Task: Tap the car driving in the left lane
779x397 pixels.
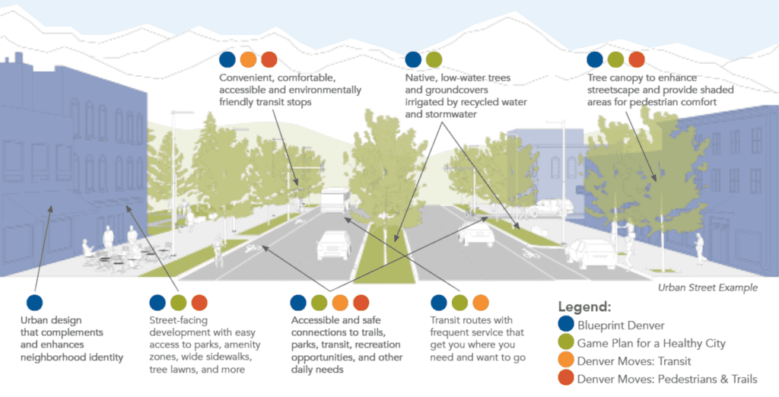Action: coord(333,243)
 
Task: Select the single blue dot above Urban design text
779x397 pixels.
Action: coord(34,303)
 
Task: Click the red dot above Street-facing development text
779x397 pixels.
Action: coord(199,303)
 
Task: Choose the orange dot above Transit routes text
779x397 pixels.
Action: coord(480,303)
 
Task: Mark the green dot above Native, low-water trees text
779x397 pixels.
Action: coord(434,59)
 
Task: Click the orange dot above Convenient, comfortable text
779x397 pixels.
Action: coord(248,59)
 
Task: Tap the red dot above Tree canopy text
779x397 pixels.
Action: coord(637,59)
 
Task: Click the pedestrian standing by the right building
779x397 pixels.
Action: coord(698,248)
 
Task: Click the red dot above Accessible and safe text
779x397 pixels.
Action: coord(361,303)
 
